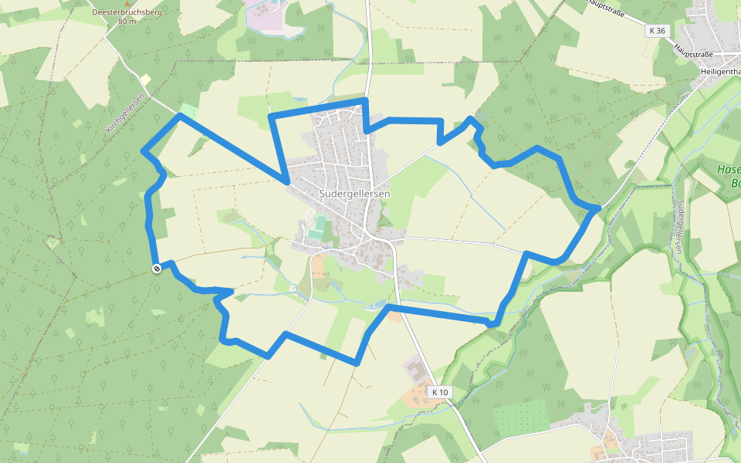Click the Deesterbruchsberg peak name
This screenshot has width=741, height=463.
click(x=127, y=12)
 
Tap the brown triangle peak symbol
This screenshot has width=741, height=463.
click(x=127, y=4)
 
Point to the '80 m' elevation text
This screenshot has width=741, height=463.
click(x=127, y=22)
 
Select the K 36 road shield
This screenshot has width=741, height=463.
click(x=657, y=30)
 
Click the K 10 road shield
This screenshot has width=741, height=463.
click(x=440, y=392)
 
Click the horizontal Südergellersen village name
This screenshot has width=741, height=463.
click(x=355, y=194)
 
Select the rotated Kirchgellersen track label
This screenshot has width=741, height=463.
click(x=126, y=113)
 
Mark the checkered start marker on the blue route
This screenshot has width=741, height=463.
click(x=157, y=268)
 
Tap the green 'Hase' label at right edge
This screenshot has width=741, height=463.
click(x=729, y=170)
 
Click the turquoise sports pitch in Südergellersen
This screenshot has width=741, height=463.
click(x=318, y=227)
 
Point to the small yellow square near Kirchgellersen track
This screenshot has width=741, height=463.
click(x=145, y=79)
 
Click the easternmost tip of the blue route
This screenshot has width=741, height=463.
click(x=598, y=208)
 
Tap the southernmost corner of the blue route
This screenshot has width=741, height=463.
click(x=357, y=363)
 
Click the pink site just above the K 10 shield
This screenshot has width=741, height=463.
click(x=414, y=368)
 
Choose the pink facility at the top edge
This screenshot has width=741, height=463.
click(x=266, y=15)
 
